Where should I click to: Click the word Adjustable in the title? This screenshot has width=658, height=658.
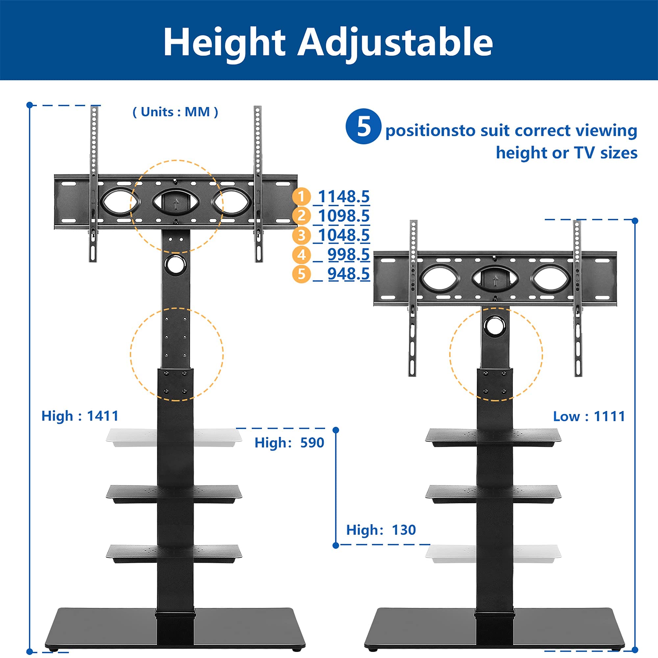coord(395,42)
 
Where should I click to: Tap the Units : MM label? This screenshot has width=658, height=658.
coord(175,112)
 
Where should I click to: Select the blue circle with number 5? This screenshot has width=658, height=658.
coord(363,126)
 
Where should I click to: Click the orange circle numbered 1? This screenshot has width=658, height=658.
coord(301,196)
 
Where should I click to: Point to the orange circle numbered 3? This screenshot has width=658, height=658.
coord(301,235)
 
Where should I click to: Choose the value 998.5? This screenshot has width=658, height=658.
coord(348,255)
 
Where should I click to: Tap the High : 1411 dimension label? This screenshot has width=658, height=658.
coord(80,416)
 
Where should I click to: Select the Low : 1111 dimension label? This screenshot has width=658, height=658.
coord(589,416)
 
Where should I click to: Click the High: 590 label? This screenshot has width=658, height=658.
coord(289,443)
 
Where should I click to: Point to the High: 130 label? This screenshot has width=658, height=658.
coord(381,530)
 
